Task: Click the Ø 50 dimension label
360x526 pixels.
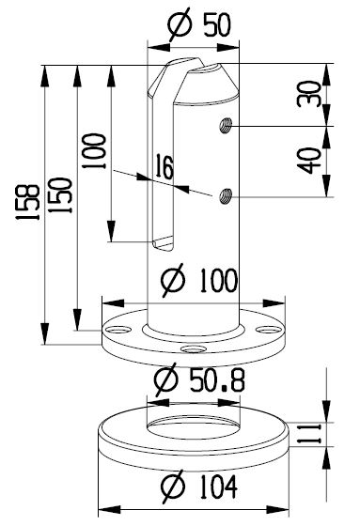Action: point(199,24)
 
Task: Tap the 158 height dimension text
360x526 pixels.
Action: point(27,202)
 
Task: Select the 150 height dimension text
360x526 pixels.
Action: point(60,195)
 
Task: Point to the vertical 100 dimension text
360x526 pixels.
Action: point(94,151)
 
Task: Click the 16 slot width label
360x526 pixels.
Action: point(164,166)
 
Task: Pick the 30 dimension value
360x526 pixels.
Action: point(309,94)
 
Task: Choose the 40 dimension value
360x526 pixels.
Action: point(309,161)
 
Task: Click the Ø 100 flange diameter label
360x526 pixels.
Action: point(199,280)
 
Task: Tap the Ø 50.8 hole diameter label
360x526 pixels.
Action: point(199,379)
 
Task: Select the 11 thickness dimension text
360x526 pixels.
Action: point(309,434)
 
